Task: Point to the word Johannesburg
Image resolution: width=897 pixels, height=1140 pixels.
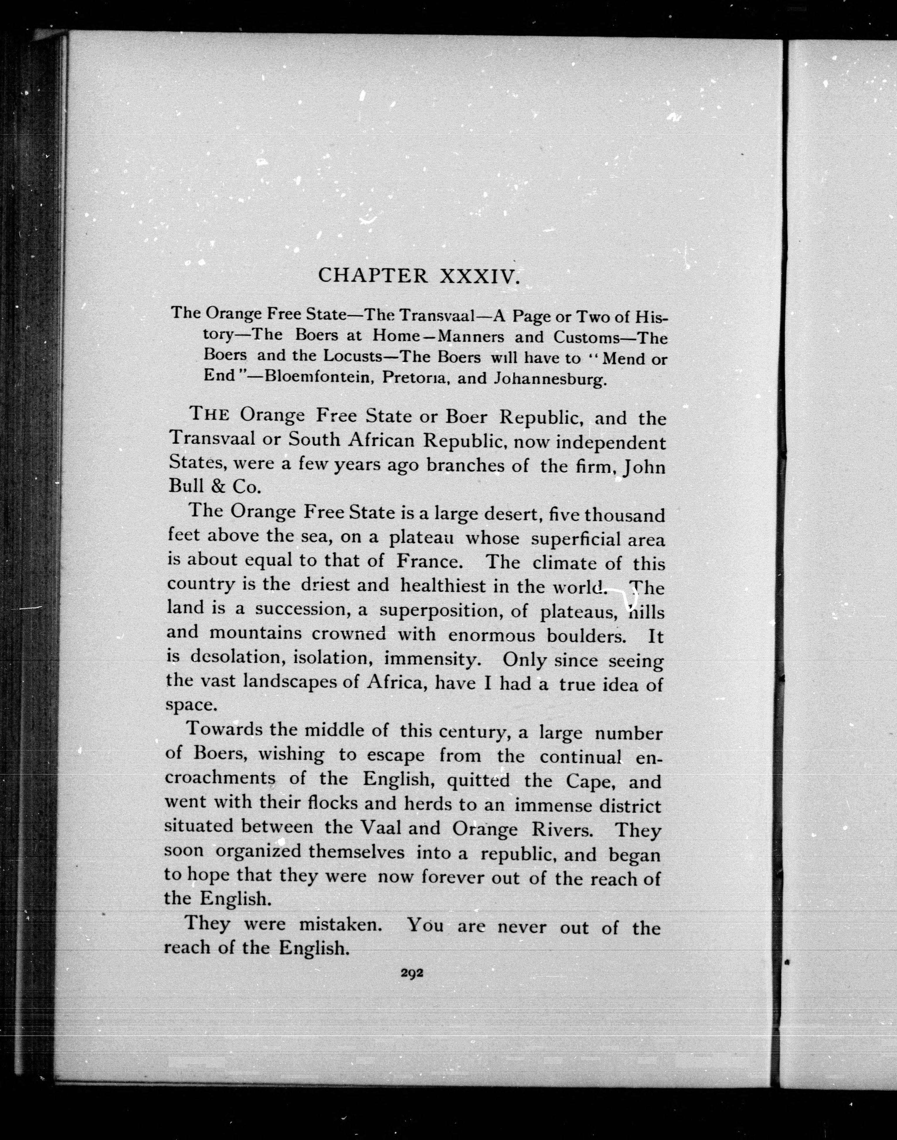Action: [551, 379]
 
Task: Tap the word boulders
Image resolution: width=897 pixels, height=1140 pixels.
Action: [586, 636]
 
